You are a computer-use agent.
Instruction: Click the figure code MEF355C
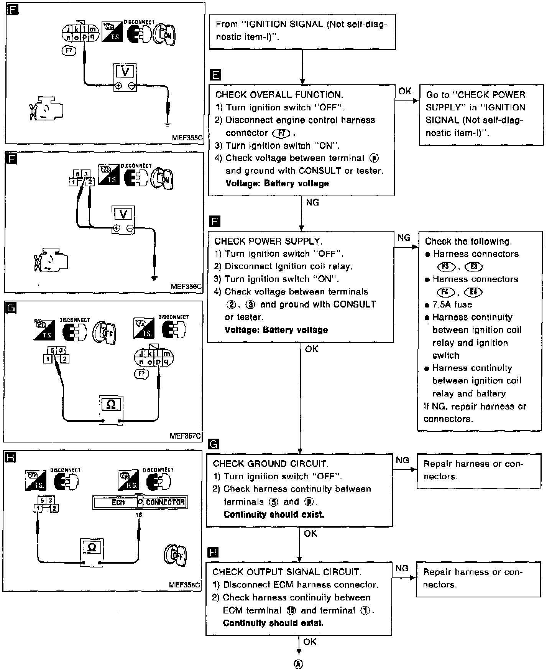tap(187, 137)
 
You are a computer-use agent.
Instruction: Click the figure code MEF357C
tap(185, 436)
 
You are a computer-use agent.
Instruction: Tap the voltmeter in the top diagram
tap(125, 77)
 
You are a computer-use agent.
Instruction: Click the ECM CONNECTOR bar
tap(140, 502)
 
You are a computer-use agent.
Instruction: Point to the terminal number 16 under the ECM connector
tap(139, 515)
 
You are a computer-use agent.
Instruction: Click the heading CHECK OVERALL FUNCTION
tap(279, 95)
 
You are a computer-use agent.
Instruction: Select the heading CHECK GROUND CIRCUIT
tap(270, 464)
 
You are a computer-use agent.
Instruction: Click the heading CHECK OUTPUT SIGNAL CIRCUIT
tap(287, 572)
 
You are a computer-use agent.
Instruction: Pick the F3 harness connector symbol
tap(446, 267)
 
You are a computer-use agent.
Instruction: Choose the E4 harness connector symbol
tap(473, 292)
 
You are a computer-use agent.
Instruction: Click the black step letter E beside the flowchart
tap(216, 75)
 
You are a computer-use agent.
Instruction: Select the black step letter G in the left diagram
tap(11, 308)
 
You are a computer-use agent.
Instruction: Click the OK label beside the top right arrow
tap(405, 91)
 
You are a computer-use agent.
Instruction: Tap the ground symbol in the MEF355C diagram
tap(167, 123)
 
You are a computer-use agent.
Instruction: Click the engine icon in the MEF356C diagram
tap(51, 260)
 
